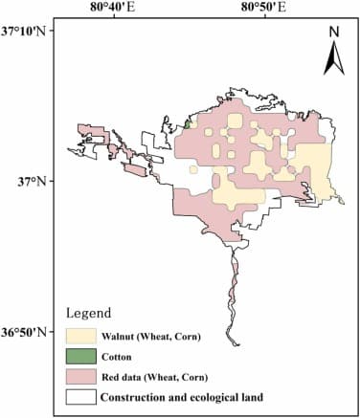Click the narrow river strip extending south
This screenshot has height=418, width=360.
point(232,287)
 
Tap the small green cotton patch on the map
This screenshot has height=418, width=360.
point(191,123)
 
